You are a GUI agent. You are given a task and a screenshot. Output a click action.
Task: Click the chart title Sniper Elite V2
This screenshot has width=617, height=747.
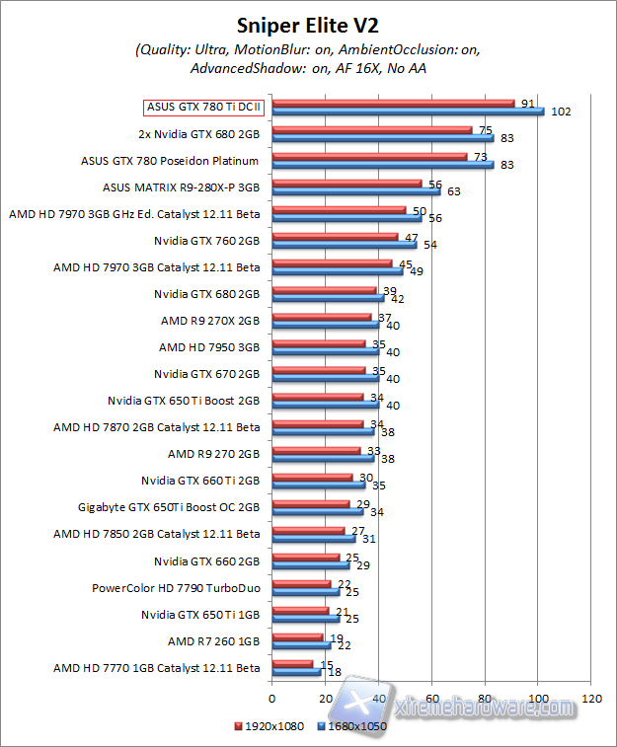(x=307, y=25)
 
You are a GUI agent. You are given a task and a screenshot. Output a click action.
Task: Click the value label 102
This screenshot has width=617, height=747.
(x=561, y=112)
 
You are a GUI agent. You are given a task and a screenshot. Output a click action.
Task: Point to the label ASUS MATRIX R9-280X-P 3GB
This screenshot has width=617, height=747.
(x=181, y=187)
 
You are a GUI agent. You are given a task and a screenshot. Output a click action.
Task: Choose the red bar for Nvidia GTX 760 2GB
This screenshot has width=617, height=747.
(x=335, y=237)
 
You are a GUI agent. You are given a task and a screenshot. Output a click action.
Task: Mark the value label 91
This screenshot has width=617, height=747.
(x=527, y=102)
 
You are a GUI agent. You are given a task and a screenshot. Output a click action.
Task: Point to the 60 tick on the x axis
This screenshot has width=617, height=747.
(x=431, y=698)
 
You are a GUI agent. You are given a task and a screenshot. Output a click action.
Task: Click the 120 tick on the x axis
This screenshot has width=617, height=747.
(x=591, y=698)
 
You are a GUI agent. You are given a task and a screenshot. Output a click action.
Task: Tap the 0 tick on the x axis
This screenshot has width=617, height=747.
(x=271, y=698)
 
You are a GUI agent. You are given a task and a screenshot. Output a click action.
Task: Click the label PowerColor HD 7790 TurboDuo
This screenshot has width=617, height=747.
(x=176, y=588)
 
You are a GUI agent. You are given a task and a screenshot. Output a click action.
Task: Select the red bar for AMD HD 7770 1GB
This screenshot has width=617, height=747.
(x=292, y=663)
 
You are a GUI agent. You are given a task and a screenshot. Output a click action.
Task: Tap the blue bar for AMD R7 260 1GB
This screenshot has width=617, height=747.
(x=301, y=644)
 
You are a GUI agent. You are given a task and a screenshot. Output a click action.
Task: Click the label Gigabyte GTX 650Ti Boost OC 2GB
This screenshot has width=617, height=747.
(x=169, y=507)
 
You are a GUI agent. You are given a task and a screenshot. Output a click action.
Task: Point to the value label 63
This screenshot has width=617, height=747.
(x=454, y=191)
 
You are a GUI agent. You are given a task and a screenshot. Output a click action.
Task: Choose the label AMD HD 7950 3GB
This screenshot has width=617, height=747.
(x=209, y=346)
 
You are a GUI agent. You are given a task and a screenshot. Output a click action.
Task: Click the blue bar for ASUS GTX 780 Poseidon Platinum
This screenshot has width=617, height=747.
(x=382, y=164)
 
